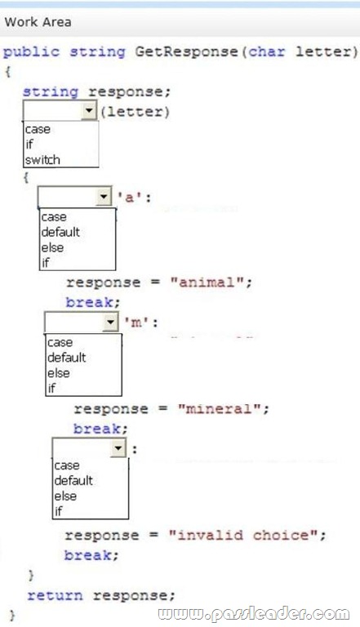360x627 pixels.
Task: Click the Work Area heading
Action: coord(38,22)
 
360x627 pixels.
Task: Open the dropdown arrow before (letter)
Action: coord(89,110)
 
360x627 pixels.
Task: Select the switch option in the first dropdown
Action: coord(42,160)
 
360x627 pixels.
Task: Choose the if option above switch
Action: coord(29,144)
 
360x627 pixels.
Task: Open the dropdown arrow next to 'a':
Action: coord(104,196)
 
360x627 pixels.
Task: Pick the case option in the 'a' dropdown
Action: coord(54,217)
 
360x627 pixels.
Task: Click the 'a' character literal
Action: coord(130,197)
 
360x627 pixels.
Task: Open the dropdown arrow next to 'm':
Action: coord(110,322)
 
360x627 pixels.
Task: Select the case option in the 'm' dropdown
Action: coord(60,343)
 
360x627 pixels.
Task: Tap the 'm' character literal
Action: coord(136,322)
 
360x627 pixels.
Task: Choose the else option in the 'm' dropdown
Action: coord(59,373)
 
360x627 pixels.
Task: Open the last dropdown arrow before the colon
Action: coord(118,448)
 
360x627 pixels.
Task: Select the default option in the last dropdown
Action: coord(73,480)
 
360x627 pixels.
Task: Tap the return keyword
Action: coord(56,595)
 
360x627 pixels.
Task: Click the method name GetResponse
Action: coord(187,51)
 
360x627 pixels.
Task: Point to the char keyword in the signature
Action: coord(267,51)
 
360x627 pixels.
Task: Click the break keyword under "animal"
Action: coord(89,302)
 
